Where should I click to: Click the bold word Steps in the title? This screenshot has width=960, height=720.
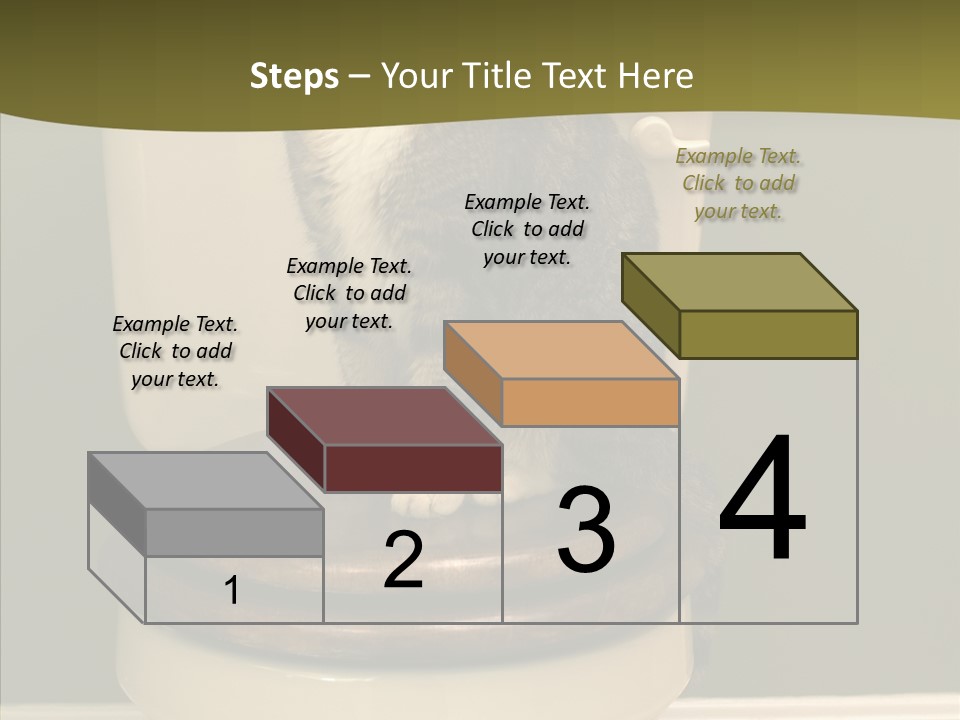294,76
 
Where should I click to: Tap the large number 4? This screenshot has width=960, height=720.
762,500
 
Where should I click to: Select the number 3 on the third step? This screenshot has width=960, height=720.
586,530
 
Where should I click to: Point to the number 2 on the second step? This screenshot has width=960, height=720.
403,561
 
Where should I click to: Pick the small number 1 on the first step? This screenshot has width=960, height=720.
232,591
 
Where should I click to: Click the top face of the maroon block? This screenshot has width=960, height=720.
384,416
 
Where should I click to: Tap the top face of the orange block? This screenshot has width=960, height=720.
560,350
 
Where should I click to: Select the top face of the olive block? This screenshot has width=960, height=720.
740,282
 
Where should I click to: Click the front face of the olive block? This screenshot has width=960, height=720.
768,334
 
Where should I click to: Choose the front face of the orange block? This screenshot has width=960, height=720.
590,402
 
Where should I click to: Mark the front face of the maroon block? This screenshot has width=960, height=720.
412,468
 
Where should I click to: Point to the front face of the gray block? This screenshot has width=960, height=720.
234,532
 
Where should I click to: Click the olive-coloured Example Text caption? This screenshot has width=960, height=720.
738,184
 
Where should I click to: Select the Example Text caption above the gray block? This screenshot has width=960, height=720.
175,352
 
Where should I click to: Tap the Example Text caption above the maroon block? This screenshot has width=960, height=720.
349,294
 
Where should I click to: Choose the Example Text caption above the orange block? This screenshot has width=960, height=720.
527,230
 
